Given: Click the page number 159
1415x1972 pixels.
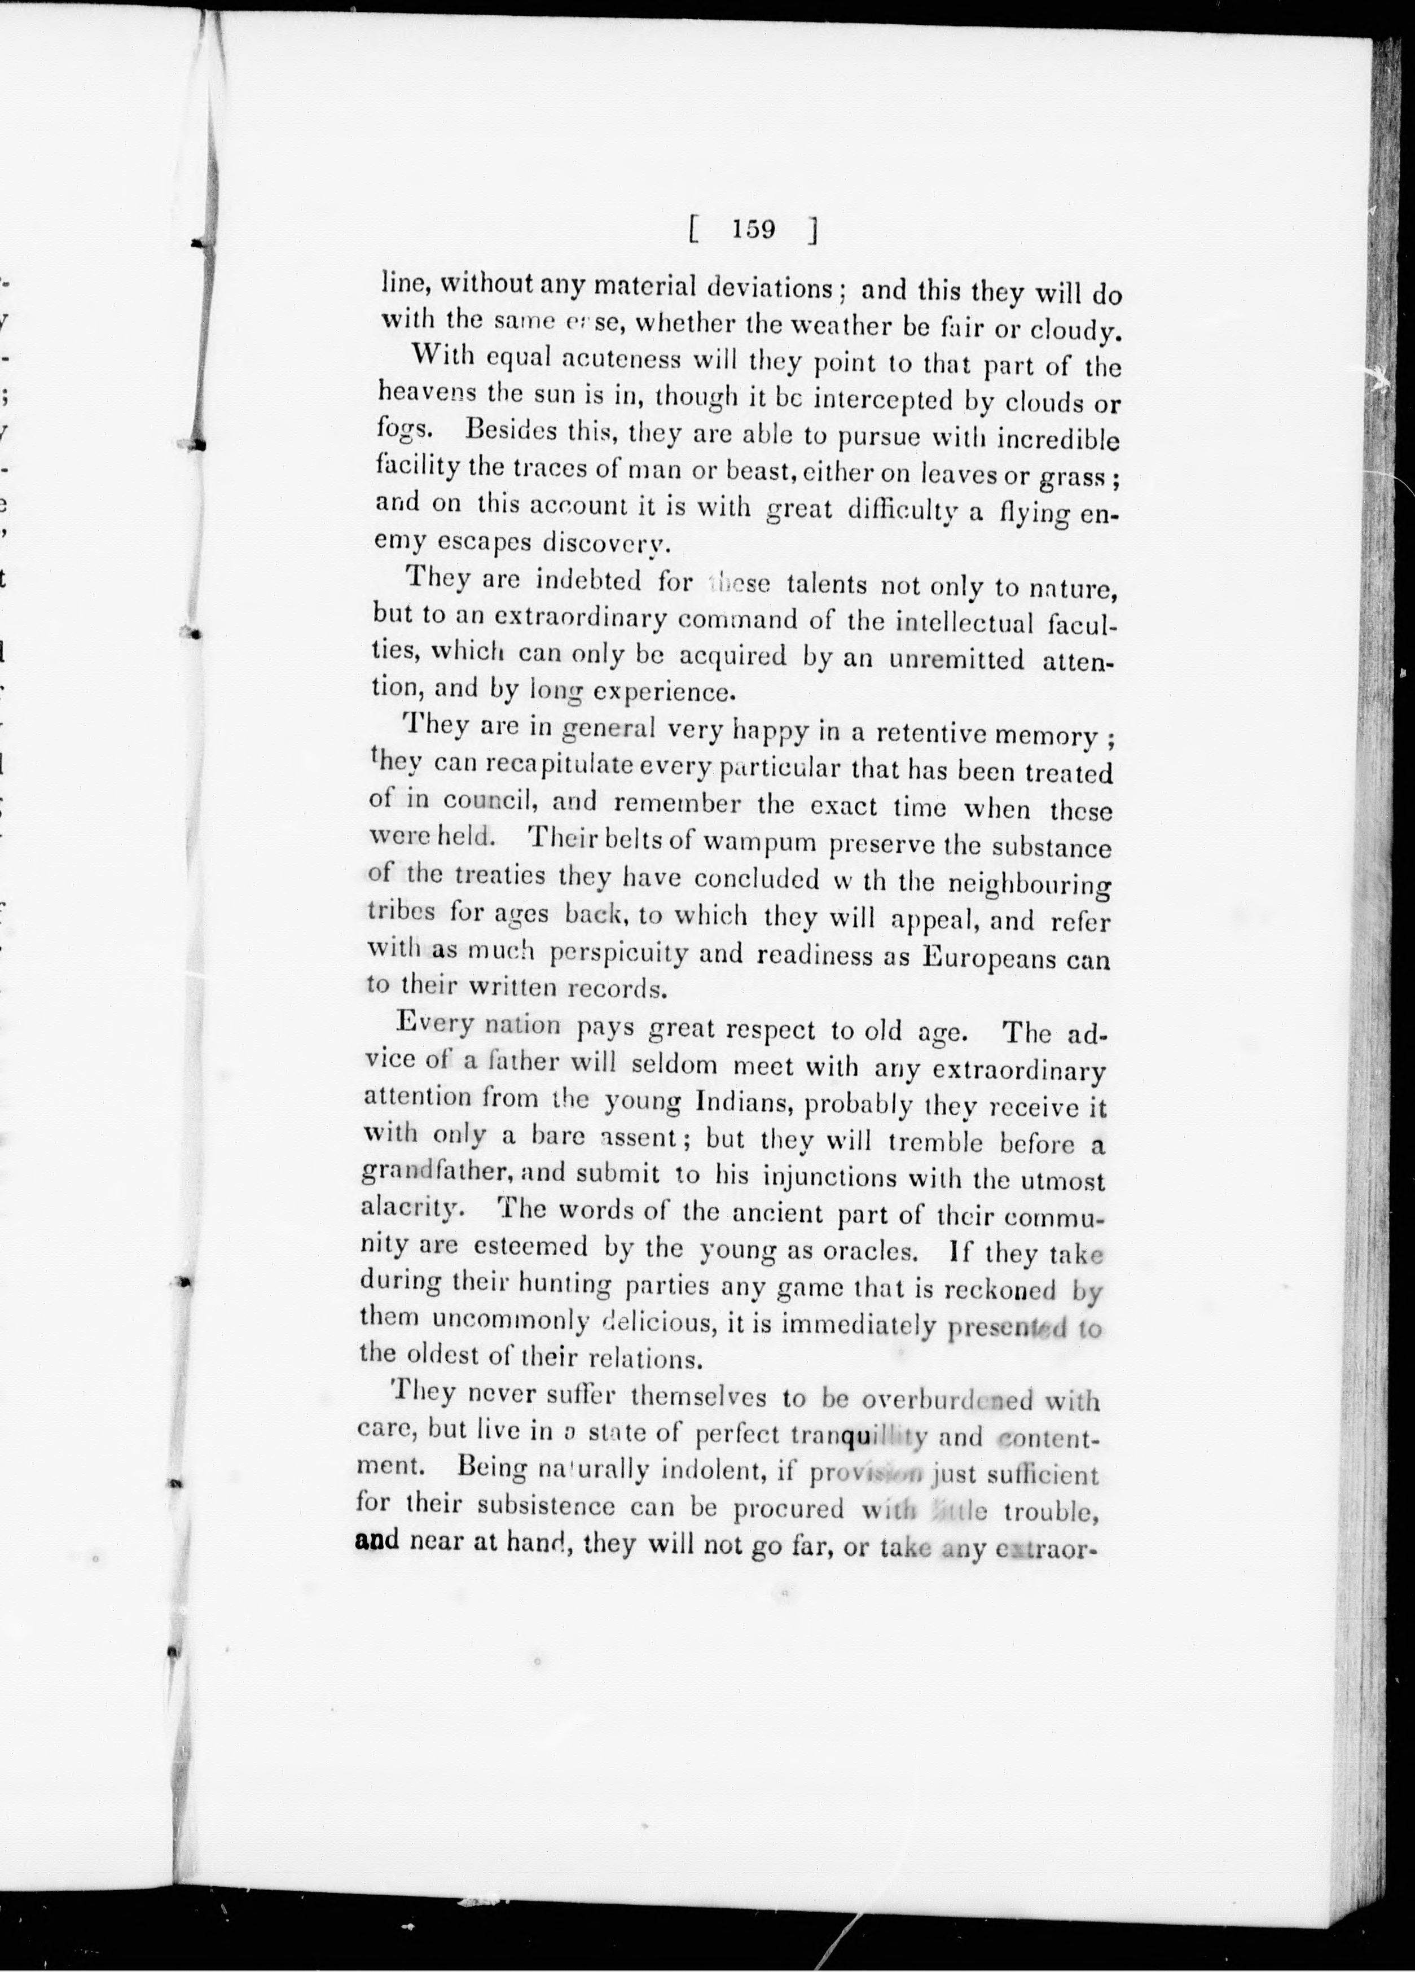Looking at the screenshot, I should coord(753,230).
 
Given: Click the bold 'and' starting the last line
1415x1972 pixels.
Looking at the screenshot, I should coord(377,1541).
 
